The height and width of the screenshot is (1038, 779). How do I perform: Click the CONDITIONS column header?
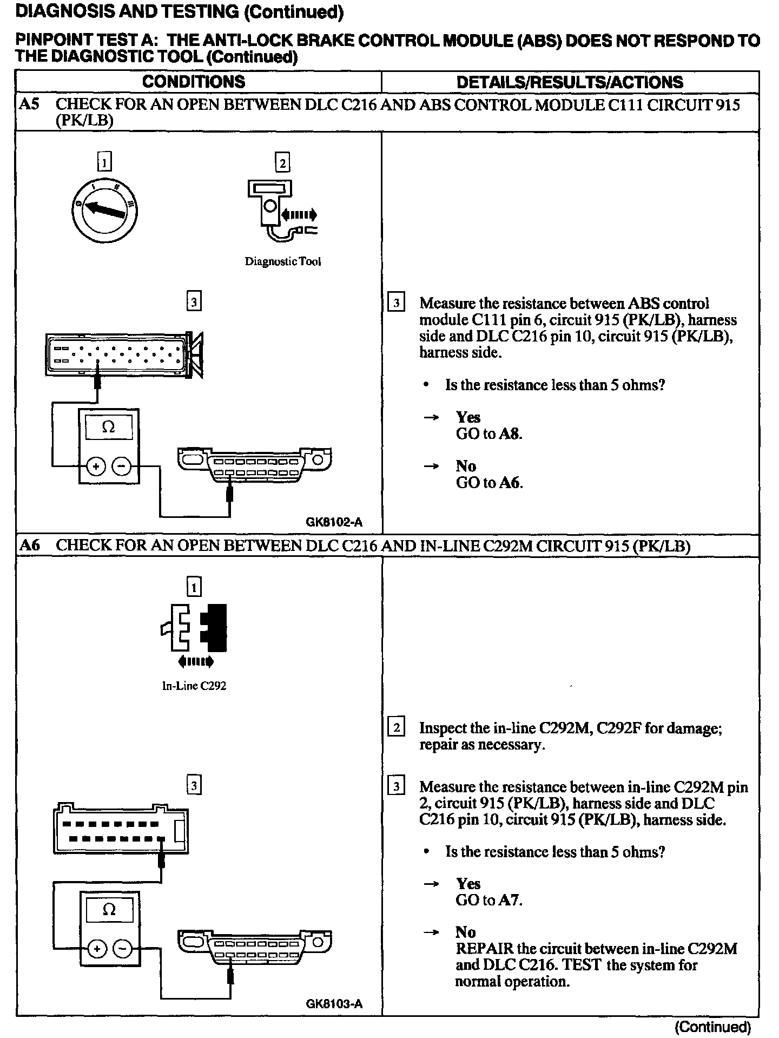click(x=193, y=82)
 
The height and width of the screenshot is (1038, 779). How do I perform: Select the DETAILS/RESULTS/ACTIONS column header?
click(x=570, y=82)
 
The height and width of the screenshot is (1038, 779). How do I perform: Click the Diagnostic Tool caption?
click(x=283, y=262)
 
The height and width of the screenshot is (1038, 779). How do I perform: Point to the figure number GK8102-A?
click(x=334, y=522)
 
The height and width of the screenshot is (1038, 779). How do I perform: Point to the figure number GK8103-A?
click(x=334, y=1004)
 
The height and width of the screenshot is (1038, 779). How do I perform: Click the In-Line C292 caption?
click(x=194, y=686)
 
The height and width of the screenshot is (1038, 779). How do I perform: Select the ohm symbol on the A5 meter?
click(x=109, y=428)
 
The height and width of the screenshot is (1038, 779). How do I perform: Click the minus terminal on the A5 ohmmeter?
click(x=122, y=466)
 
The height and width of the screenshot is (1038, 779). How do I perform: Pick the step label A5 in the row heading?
click(x=29, y=104)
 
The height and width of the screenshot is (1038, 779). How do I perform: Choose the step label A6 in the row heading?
click(x=29, y=546)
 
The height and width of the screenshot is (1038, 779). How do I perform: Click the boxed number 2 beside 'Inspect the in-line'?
click(x=396, y=728)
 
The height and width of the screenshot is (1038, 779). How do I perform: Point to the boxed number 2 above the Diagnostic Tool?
click(x=282, y=162)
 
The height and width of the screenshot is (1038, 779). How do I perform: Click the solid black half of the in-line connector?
click(x=214, y=627)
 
